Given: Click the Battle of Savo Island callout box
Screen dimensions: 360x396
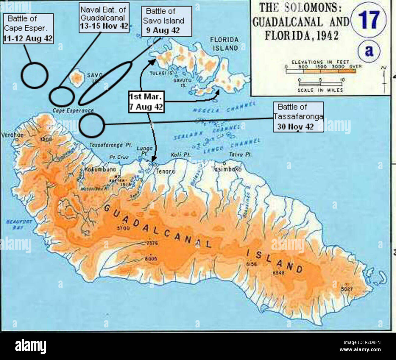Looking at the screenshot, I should click(166, 21).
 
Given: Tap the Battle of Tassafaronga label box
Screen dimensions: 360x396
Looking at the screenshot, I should click(298, 117).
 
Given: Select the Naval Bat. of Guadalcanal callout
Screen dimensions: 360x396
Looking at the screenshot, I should click(104, 18).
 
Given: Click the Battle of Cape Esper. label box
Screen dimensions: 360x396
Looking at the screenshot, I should click(28, 29).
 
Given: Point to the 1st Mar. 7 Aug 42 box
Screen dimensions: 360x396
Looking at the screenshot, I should click(146, 102).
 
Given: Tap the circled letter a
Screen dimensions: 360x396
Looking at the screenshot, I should click(369, 51).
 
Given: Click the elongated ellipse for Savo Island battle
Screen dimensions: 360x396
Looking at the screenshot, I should click(105, 83).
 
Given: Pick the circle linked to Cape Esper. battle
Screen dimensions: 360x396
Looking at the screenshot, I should click(34, 75).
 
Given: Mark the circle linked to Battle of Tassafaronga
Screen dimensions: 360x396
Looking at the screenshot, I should click(92, 125).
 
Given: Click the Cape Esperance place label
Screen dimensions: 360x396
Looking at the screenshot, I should click(73, 111).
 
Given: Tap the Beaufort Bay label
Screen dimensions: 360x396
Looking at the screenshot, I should click(19, 224).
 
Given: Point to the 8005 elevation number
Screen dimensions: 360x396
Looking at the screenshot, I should click(151, 258).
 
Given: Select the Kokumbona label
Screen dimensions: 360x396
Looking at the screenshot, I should click(96, 169).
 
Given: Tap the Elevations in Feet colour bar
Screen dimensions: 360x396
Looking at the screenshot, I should click(320, 71).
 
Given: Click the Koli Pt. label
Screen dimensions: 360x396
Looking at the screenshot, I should click(180, 155).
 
